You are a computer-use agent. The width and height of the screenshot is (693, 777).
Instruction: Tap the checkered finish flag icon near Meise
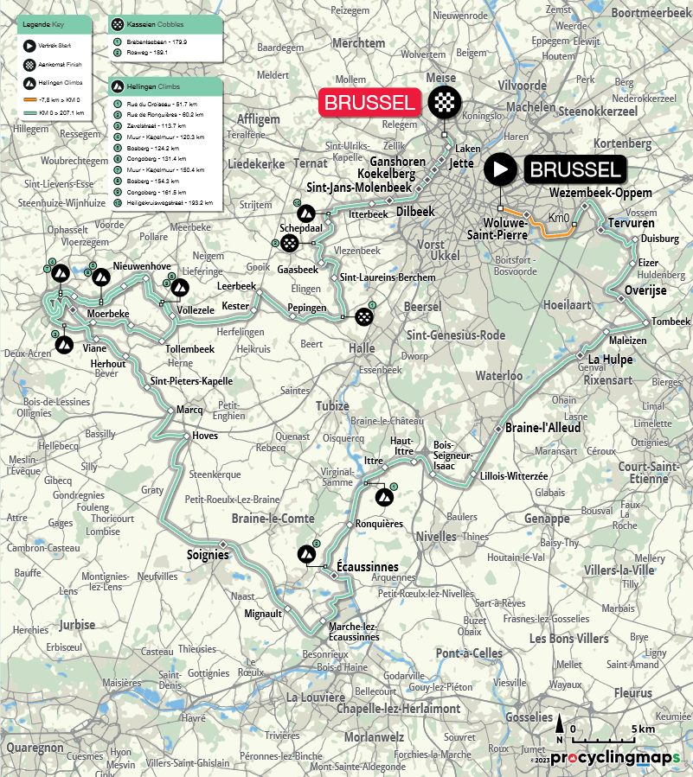[444, 103]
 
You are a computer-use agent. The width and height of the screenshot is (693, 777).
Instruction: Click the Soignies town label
[208, 554]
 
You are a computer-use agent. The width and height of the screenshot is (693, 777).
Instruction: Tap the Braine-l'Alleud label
[543, 428]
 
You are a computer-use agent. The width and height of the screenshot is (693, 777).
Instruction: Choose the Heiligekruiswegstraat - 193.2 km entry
[169, 204]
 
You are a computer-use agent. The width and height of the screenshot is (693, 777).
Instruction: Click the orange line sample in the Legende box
[30, 100]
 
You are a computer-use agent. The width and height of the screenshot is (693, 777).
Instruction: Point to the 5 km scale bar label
[644, 729]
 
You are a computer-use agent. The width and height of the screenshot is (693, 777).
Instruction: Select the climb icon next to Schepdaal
[305, 213]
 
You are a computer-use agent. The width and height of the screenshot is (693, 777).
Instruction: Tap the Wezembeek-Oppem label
[600, 192]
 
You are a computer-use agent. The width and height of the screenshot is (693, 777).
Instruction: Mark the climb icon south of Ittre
[383, 497]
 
